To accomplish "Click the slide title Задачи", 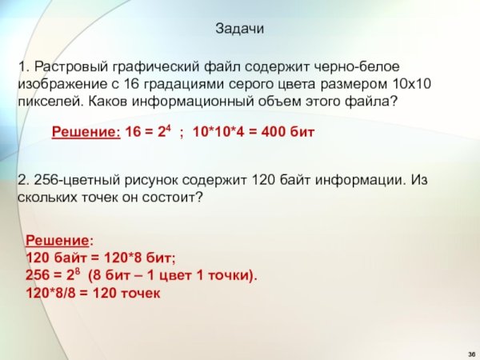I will pyautogui.click(x=239, y=28).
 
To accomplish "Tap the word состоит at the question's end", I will pyautogui.click(x=167, y=198).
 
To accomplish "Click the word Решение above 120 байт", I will pyautogui.click(x=58, y=239).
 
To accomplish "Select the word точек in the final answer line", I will pyautogui.click(x=141, y=293).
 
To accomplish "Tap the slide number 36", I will pyautogui.click(x=470, y=353).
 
